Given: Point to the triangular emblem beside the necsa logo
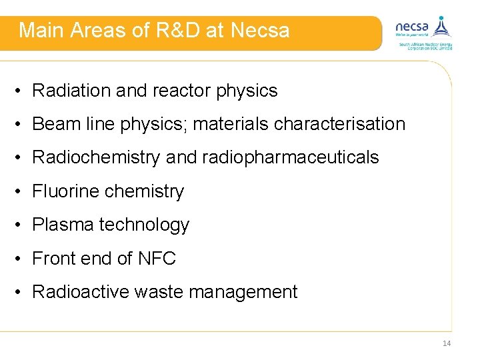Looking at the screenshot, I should [441, 27].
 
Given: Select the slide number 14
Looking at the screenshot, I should [446, 343].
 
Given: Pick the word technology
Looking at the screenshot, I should [144, 225].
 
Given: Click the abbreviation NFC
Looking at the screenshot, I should [157, 258].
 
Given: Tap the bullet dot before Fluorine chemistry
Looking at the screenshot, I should [21, 192].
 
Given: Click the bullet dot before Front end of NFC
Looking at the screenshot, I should [21, 259].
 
